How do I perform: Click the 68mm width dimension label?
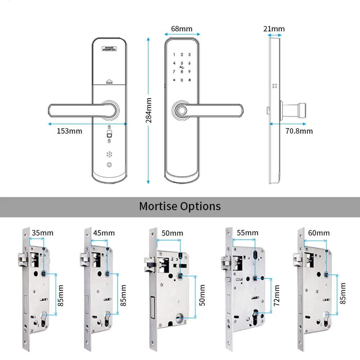[x=181, y=29]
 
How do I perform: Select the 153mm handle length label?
[x=69, y=131]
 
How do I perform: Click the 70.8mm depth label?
[x=299, y=131]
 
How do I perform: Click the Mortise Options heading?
[x=180, y=206]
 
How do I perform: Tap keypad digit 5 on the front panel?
[x=182, y=63]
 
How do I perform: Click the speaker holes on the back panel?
[x=109, y=154]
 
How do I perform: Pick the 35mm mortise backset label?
[x=42, y=233]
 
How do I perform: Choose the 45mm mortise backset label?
[x=104, y=233]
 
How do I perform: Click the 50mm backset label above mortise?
[x=172, y=233]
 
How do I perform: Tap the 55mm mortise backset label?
[x=247, y=233]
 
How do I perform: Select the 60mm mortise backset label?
[x=319, y=233]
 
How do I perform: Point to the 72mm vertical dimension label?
[x=276, y=295]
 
